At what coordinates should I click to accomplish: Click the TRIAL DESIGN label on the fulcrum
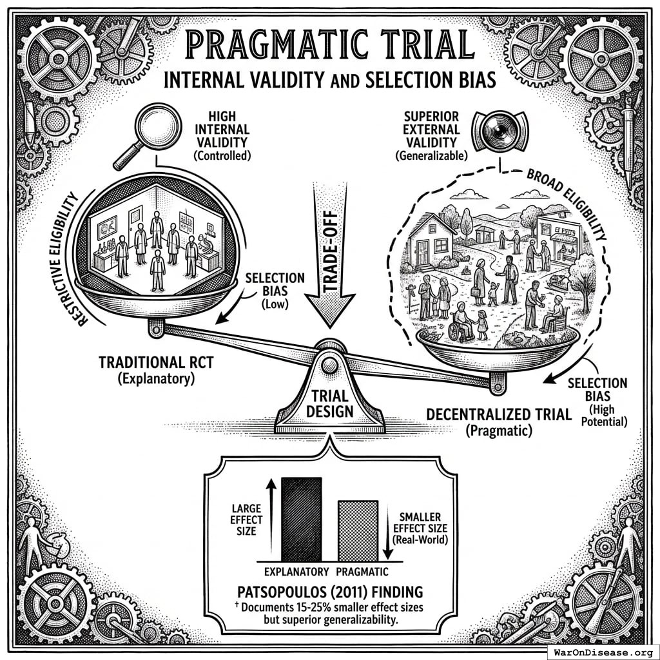point(329,402)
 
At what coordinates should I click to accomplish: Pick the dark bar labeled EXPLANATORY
point(301,519)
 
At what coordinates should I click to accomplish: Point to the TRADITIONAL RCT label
point(156,362)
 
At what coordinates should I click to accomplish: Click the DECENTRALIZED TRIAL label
point(499,414)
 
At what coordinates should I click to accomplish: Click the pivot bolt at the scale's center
point(329,365)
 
